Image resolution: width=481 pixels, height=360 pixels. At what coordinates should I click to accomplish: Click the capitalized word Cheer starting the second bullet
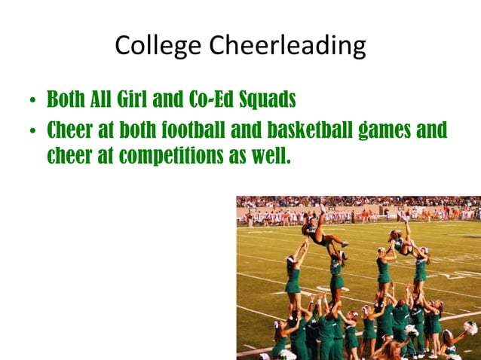tap(70, 130)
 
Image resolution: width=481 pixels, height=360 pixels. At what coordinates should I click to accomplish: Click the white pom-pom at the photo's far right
tap(470, 328)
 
